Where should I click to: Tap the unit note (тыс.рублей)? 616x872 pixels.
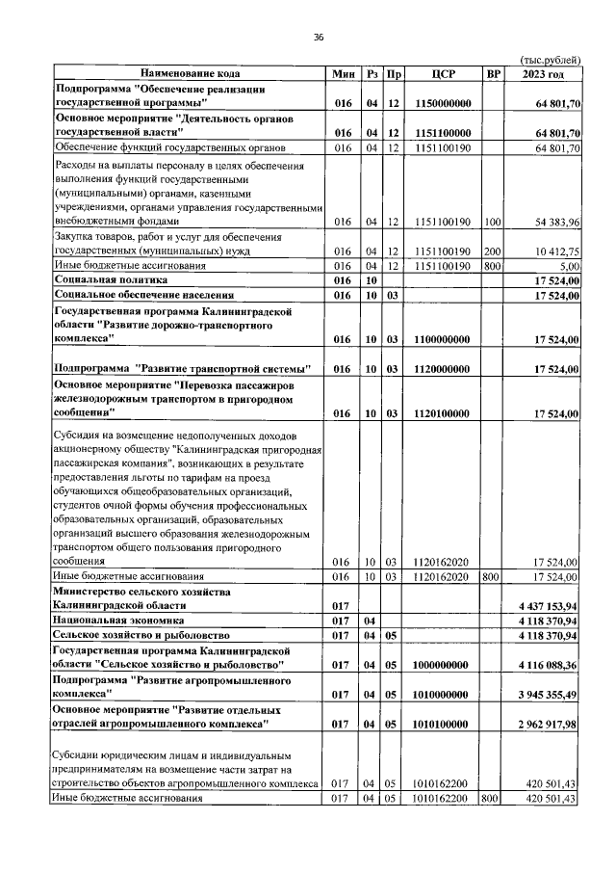coord(551,59)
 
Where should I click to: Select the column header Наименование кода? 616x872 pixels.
coord(190,73)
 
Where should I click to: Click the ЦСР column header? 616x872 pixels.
coord(444,73)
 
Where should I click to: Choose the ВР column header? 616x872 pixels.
coord(494,73)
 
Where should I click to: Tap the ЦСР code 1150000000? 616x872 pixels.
coord(444,103)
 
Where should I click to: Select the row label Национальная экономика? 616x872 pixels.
coord(113,621)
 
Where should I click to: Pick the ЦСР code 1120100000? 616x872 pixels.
coord(444,413)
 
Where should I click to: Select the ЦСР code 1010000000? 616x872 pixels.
coord(444,695)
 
